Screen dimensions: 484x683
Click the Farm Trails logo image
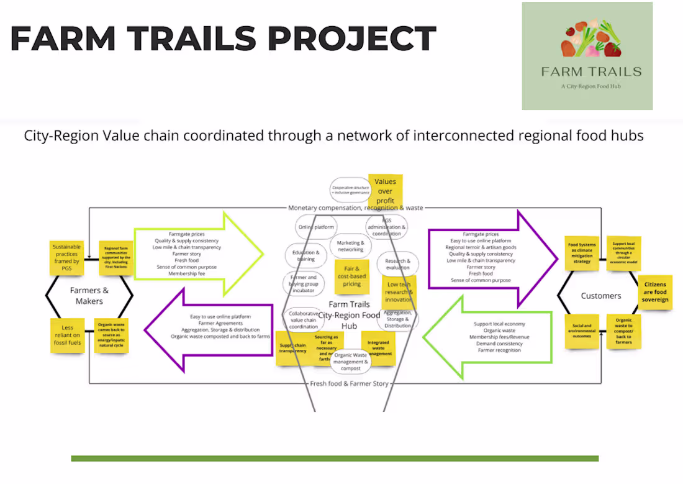587,56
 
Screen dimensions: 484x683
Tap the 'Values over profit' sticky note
385,191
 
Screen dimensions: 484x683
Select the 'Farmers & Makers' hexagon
89,296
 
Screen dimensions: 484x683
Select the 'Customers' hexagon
600,296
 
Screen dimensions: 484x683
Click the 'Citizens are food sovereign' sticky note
655,292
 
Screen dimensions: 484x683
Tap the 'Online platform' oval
317,227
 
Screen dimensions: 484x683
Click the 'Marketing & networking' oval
351,247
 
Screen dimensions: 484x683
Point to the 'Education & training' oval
305,255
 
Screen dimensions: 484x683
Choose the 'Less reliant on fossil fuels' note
66,336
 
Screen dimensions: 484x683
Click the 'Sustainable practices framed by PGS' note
66,257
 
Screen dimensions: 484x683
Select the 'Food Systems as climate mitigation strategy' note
581,253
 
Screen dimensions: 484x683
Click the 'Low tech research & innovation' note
398,292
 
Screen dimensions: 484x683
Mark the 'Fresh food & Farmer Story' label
349,383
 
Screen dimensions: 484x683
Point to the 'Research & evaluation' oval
398,264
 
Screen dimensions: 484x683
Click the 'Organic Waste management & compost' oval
351,362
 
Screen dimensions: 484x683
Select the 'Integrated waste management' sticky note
378,349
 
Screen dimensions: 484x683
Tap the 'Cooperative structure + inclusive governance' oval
350,189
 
